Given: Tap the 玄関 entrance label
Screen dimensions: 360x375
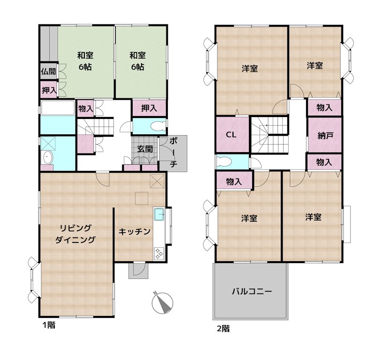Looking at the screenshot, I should (145, 149).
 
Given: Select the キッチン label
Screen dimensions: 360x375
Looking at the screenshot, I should (134, 231).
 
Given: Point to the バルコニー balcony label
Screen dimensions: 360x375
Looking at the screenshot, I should (252, 291).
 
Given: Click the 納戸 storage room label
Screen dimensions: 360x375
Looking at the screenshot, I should (325, 135).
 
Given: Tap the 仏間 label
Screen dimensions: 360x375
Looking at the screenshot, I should (48, 72).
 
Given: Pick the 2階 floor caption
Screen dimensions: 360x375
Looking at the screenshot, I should (223, 328).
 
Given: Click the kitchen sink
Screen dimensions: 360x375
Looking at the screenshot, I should (158, 215).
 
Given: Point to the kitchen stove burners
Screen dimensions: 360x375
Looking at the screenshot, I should (158, 253).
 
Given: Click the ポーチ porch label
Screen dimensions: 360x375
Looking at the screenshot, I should (172, 152).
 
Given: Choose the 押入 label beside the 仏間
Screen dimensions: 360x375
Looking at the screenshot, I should (48, 90).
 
